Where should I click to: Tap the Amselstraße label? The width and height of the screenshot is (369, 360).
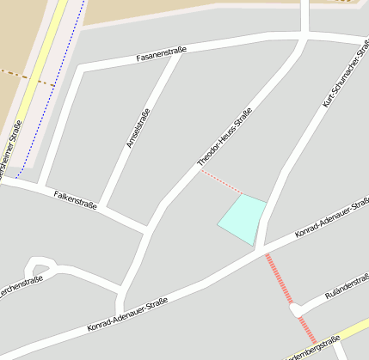tap(138, 128)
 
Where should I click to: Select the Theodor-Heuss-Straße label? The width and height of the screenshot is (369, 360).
tap(224, 137)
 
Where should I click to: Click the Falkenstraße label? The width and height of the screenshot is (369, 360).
tap(74, 198)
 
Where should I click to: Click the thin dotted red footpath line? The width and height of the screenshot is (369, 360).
tap(222, 181)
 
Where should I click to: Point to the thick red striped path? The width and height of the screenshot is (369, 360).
tap(280, 279)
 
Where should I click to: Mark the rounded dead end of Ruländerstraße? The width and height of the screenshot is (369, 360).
tap(297, 309)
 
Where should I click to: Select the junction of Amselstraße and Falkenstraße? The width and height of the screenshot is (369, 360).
tap(101, 206)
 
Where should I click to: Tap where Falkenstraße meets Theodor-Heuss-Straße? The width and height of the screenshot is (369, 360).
tap(148, 228)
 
